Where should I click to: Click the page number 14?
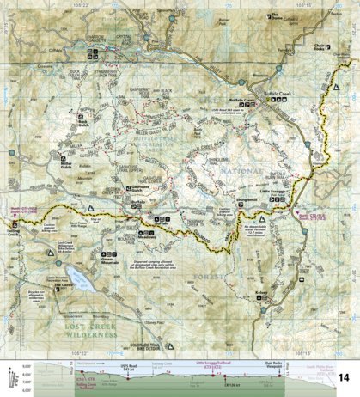(x=344, y=377)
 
